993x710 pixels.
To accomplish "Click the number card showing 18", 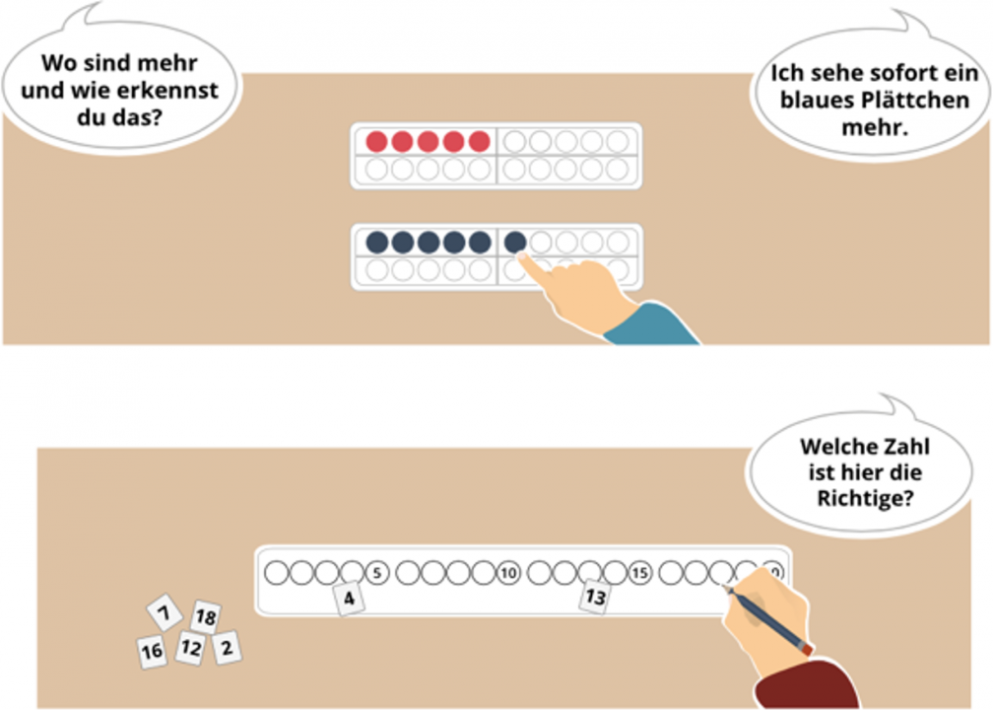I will [x=205, y=618].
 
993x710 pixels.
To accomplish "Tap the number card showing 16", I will [x=152, y=652].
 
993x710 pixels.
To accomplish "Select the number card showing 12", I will [x=190, y=648].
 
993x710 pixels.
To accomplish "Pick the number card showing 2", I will [x=228, y=647].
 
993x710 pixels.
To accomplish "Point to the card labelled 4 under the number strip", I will [x=349, y=598].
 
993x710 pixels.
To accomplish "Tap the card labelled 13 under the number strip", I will [x=595, y=597].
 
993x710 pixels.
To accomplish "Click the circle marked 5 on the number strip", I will [x=377, y=572].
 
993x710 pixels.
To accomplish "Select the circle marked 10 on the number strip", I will [x=508, y=572].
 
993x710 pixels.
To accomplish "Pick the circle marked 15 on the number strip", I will [x=640, y=572].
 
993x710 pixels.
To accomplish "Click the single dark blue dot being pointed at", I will [x=514, y=241].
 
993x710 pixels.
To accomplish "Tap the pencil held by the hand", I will [x=769, y=617].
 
